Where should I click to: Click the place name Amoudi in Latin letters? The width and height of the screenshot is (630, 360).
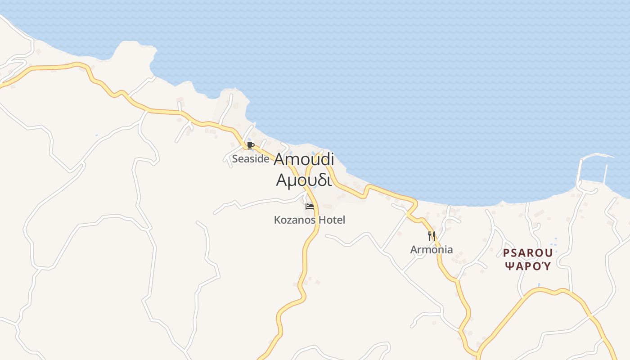click(304, 159)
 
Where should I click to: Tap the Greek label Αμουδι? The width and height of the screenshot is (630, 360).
click(304, 180)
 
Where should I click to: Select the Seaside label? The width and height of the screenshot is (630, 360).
click(251, 158)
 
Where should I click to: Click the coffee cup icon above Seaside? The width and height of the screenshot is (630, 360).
click(251, 145)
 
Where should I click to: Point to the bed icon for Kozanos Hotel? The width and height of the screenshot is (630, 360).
click(310, 207)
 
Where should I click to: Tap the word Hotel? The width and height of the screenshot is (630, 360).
click(332, 220)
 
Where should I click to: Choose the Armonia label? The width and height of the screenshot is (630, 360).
click(432, 249)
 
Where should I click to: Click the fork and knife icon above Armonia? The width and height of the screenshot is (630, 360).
click(431, 236)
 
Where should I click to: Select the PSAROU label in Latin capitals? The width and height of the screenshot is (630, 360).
click(528, 253)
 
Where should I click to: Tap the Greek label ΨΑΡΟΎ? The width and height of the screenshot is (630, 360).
click(528, 266)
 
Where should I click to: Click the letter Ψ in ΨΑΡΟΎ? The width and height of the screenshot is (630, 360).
click(508, 266)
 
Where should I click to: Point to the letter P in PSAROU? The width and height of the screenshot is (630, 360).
click(506, 253)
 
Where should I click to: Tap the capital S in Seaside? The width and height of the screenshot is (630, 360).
click(235, 158)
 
